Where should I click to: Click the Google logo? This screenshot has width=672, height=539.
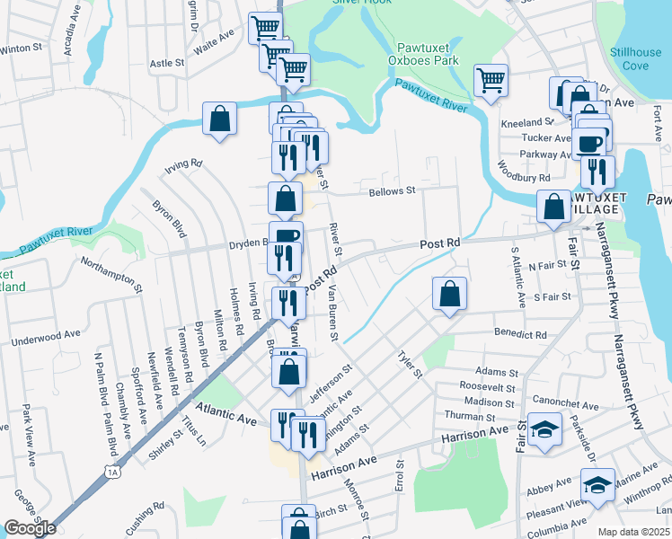(30, 528)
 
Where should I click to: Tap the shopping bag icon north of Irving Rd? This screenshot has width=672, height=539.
(220, 119)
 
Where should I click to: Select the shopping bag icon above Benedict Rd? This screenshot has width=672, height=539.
(449, 293)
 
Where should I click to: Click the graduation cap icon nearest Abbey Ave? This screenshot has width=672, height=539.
(597, 486)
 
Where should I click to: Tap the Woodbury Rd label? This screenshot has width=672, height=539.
(524, 172)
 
